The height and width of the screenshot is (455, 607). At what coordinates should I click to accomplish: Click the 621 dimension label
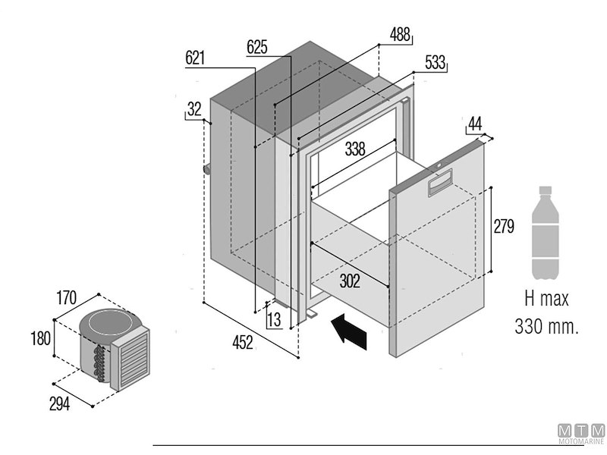coord(195,58)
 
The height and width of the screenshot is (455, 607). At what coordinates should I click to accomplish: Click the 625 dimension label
coord(257,47)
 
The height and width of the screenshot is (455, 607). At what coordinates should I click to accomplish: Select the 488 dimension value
coord(400,34)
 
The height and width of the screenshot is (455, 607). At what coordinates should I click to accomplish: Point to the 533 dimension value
coord(435,63)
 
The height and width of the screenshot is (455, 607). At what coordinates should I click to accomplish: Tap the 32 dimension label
coord(194,109)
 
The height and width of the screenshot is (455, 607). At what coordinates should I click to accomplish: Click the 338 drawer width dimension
coord(354,149)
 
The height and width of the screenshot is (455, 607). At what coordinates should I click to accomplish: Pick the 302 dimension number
coord(350,281)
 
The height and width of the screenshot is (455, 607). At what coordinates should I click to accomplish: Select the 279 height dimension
coord(504,226)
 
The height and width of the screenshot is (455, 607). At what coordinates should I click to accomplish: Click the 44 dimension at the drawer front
coord(476,124)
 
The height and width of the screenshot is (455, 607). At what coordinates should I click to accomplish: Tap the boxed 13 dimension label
coord(274,319)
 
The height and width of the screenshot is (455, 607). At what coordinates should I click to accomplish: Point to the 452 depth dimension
coord(242,343)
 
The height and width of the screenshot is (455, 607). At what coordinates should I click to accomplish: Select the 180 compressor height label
coord(40,338)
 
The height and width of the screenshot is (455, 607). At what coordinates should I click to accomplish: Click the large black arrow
coord(349,331)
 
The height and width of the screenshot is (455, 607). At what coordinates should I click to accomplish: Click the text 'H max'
coord(546,300)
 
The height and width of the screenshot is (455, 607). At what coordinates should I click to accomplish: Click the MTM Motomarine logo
coord(581,433)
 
